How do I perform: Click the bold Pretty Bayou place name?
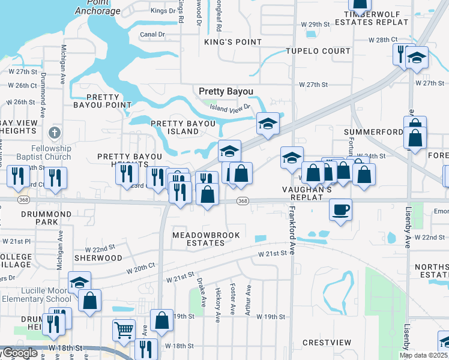(x=226, y=91)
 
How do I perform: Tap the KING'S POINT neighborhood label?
(x=233, y=42)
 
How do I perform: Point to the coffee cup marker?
(x=340, y=210)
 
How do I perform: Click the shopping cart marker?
(x=124, y=330)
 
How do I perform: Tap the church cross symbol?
(x=55, y=132)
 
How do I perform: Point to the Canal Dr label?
(x=152, y=34)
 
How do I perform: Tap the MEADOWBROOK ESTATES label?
(x=199, y=239)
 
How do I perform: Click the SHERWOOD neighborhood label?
(x=98, y=257)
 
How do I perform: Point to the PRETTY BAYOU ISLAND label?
(x=183, y=127)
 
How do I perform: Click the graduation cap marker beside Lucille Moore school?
(x=79, y=283)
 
